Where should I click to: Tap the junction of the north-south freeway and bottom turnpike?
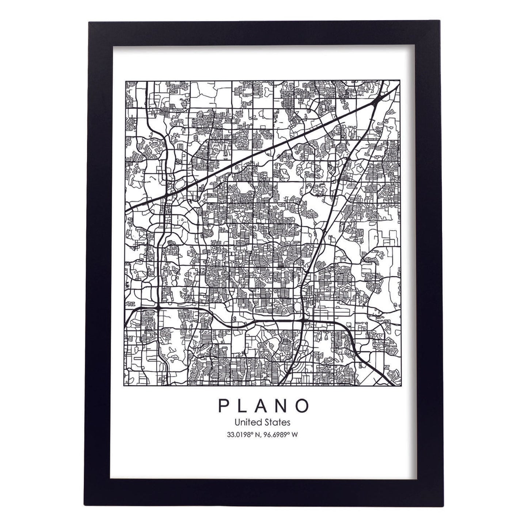tap(302, 319)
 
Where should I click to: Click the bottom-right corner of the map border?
tap(399, 386)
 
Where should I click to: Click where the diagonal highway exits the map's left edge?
tap(126, 211)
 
